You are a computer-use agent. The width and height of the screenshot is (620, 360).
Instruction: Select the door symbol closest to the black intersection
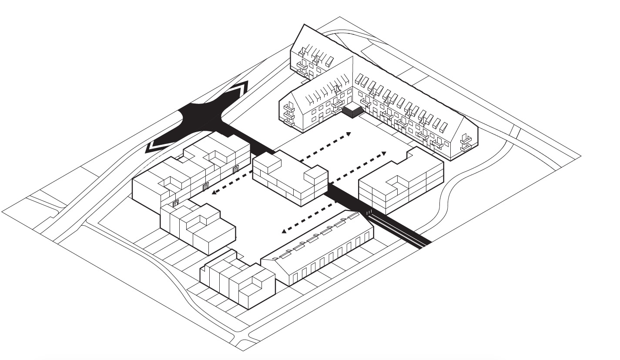[x=236, y=169]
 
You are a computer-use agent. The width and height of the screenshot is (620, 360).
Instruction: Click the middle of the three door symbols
[x=206, y=187]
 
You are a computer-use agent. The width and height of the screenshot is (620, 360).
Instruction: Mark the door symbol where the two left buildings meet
[x=176, y=203]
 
